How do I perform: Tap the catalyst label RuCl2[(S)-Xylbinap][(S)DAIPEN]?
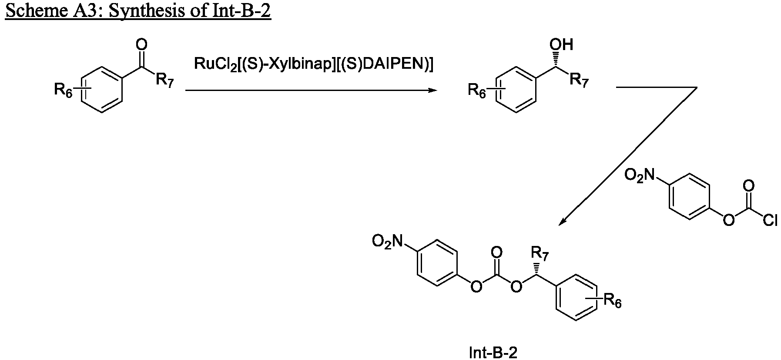pyautogui.click(x=314, y=64)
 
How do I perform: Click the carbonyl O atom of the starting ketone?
pyautogui.click(x=141, y=44)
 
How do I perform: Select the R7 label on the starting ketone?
pyautogui.click(x=164, y=81)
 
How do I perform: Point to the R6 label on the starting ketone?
pyautogui.click(x=63, y=91)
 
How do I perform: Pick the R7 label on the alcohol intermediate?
pyautogui.click(x=579, y=81)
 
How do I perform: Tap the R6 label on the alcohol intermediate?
pyautogui.click(x=477, y=91)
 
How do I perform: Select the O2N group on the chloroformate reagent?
pyautogui.click(x=640, y=175)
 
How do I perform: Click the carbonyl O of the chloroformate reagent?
pyautogui.click(x=748, y=186)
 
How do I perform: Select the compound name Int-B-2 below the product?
pyautogui.click(x=493, y=352)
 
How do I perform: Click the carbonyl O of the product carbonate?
pyautogui.click(x=496, y=252)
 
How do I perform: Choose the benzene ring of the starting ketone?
pyautogui.click(x=101, y=90)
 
